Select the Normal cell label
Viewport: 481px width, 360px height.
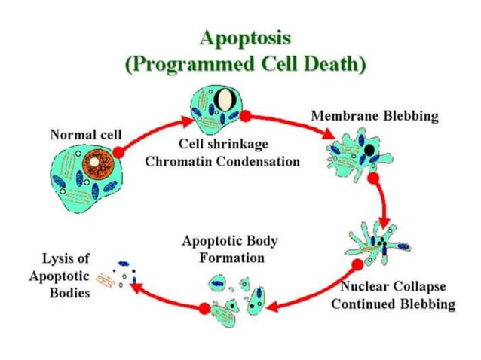pos(85,135)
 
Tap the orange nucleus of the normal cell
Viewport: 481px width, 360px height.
pos(97,163)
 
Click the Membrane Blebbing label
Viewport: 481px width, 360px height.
pos(375,117)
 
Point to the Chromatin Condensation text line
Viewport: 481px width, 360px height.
pos(222,161)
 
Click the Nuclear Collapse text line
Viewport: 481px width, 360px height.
pos(393,287)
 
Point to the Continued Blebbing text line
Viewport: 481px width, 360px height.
pos(393,304)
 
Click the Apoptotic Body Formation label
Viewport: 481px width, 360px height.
pos(229,249)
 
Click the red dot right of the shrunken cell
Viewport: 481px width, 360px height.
pos(246,117)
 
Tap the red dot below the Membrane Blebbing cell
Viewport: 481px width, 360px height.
pos(373,179)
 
